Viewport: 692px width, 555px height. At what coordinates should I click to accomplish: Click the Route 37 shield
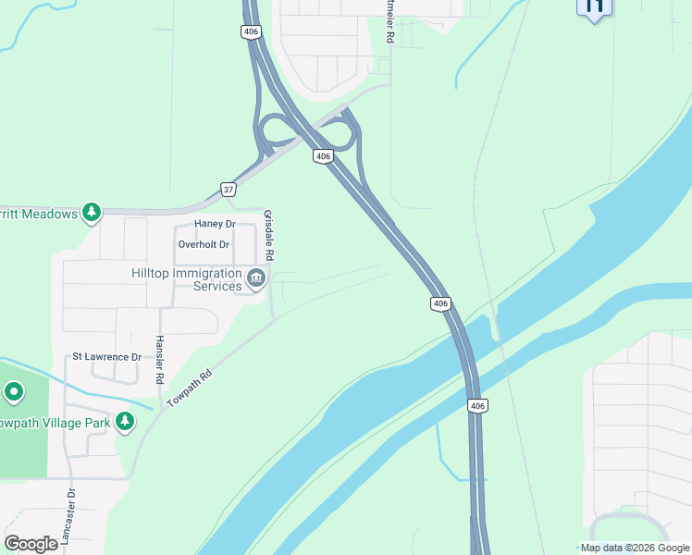click(229, 190)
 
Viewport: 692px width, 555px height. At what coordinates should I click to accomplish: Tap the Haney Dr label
click(215, 225)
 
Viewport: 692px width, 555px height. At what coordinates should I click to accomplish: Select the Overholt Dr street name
click(203, 244)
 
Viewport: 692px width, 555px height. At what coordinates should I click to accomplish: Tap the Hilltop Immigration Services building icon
click(256, 277)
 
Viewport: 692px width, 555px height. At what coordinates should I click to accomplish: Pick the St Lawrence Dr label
click(107, 357)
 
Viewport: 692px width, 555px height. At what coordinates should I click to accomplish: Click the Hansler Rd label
click(160, 360)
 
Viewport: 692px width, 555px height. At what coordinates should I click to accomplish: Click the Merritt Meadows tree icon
click(92, 214)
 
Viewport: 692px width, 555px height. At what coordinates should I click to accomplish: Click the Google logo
click(31, 544)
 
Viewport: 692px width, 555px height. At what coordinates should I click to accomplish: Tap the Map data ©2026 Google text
click(634, 548)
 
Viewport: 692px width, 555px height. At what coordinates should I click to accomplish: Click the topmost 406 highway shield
click(251, 31)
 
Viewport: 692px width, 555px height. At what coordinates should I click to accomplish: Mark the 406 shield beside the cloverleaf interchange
click(322, 156)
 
